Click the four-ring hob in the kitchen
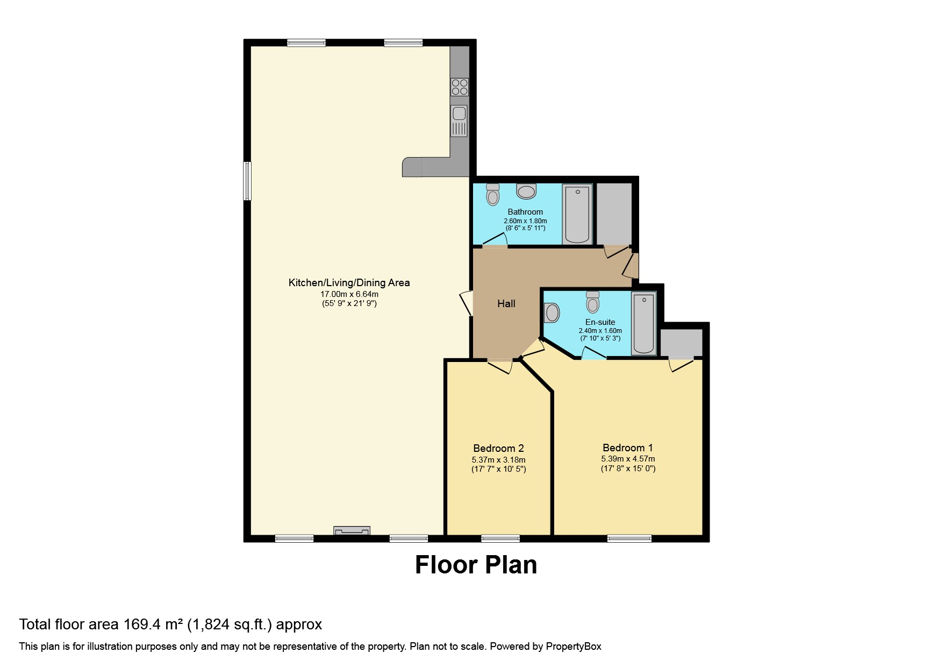[x=460, y=87]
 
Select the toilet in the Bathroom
[x=492, y=195]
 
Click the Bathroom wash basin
[x=526, y=191]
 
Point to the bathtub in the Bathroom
[x=578, y=214]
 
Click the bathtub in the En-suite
[x=643, y=323]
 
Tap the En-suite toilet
[x=593, y=302]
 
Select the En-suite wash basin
[x=552, y=312]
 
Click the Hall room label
[x=506, y=304]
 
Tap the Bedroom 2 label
[x=498, y=448]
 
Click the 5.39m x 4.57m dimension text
[x=628, y=459]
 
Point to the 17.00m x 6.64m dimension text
[x=349, y=294]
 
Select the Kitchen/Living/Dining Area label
[x=349, y=282]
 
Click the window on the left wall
[x=247, y=181]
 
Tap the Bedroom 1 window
[x=629, y=538]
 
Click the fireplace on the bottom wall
[x=352, y=531]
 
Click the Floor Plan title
[x=476, y=565]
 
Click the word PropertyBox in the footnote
[x=573, y=647]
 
